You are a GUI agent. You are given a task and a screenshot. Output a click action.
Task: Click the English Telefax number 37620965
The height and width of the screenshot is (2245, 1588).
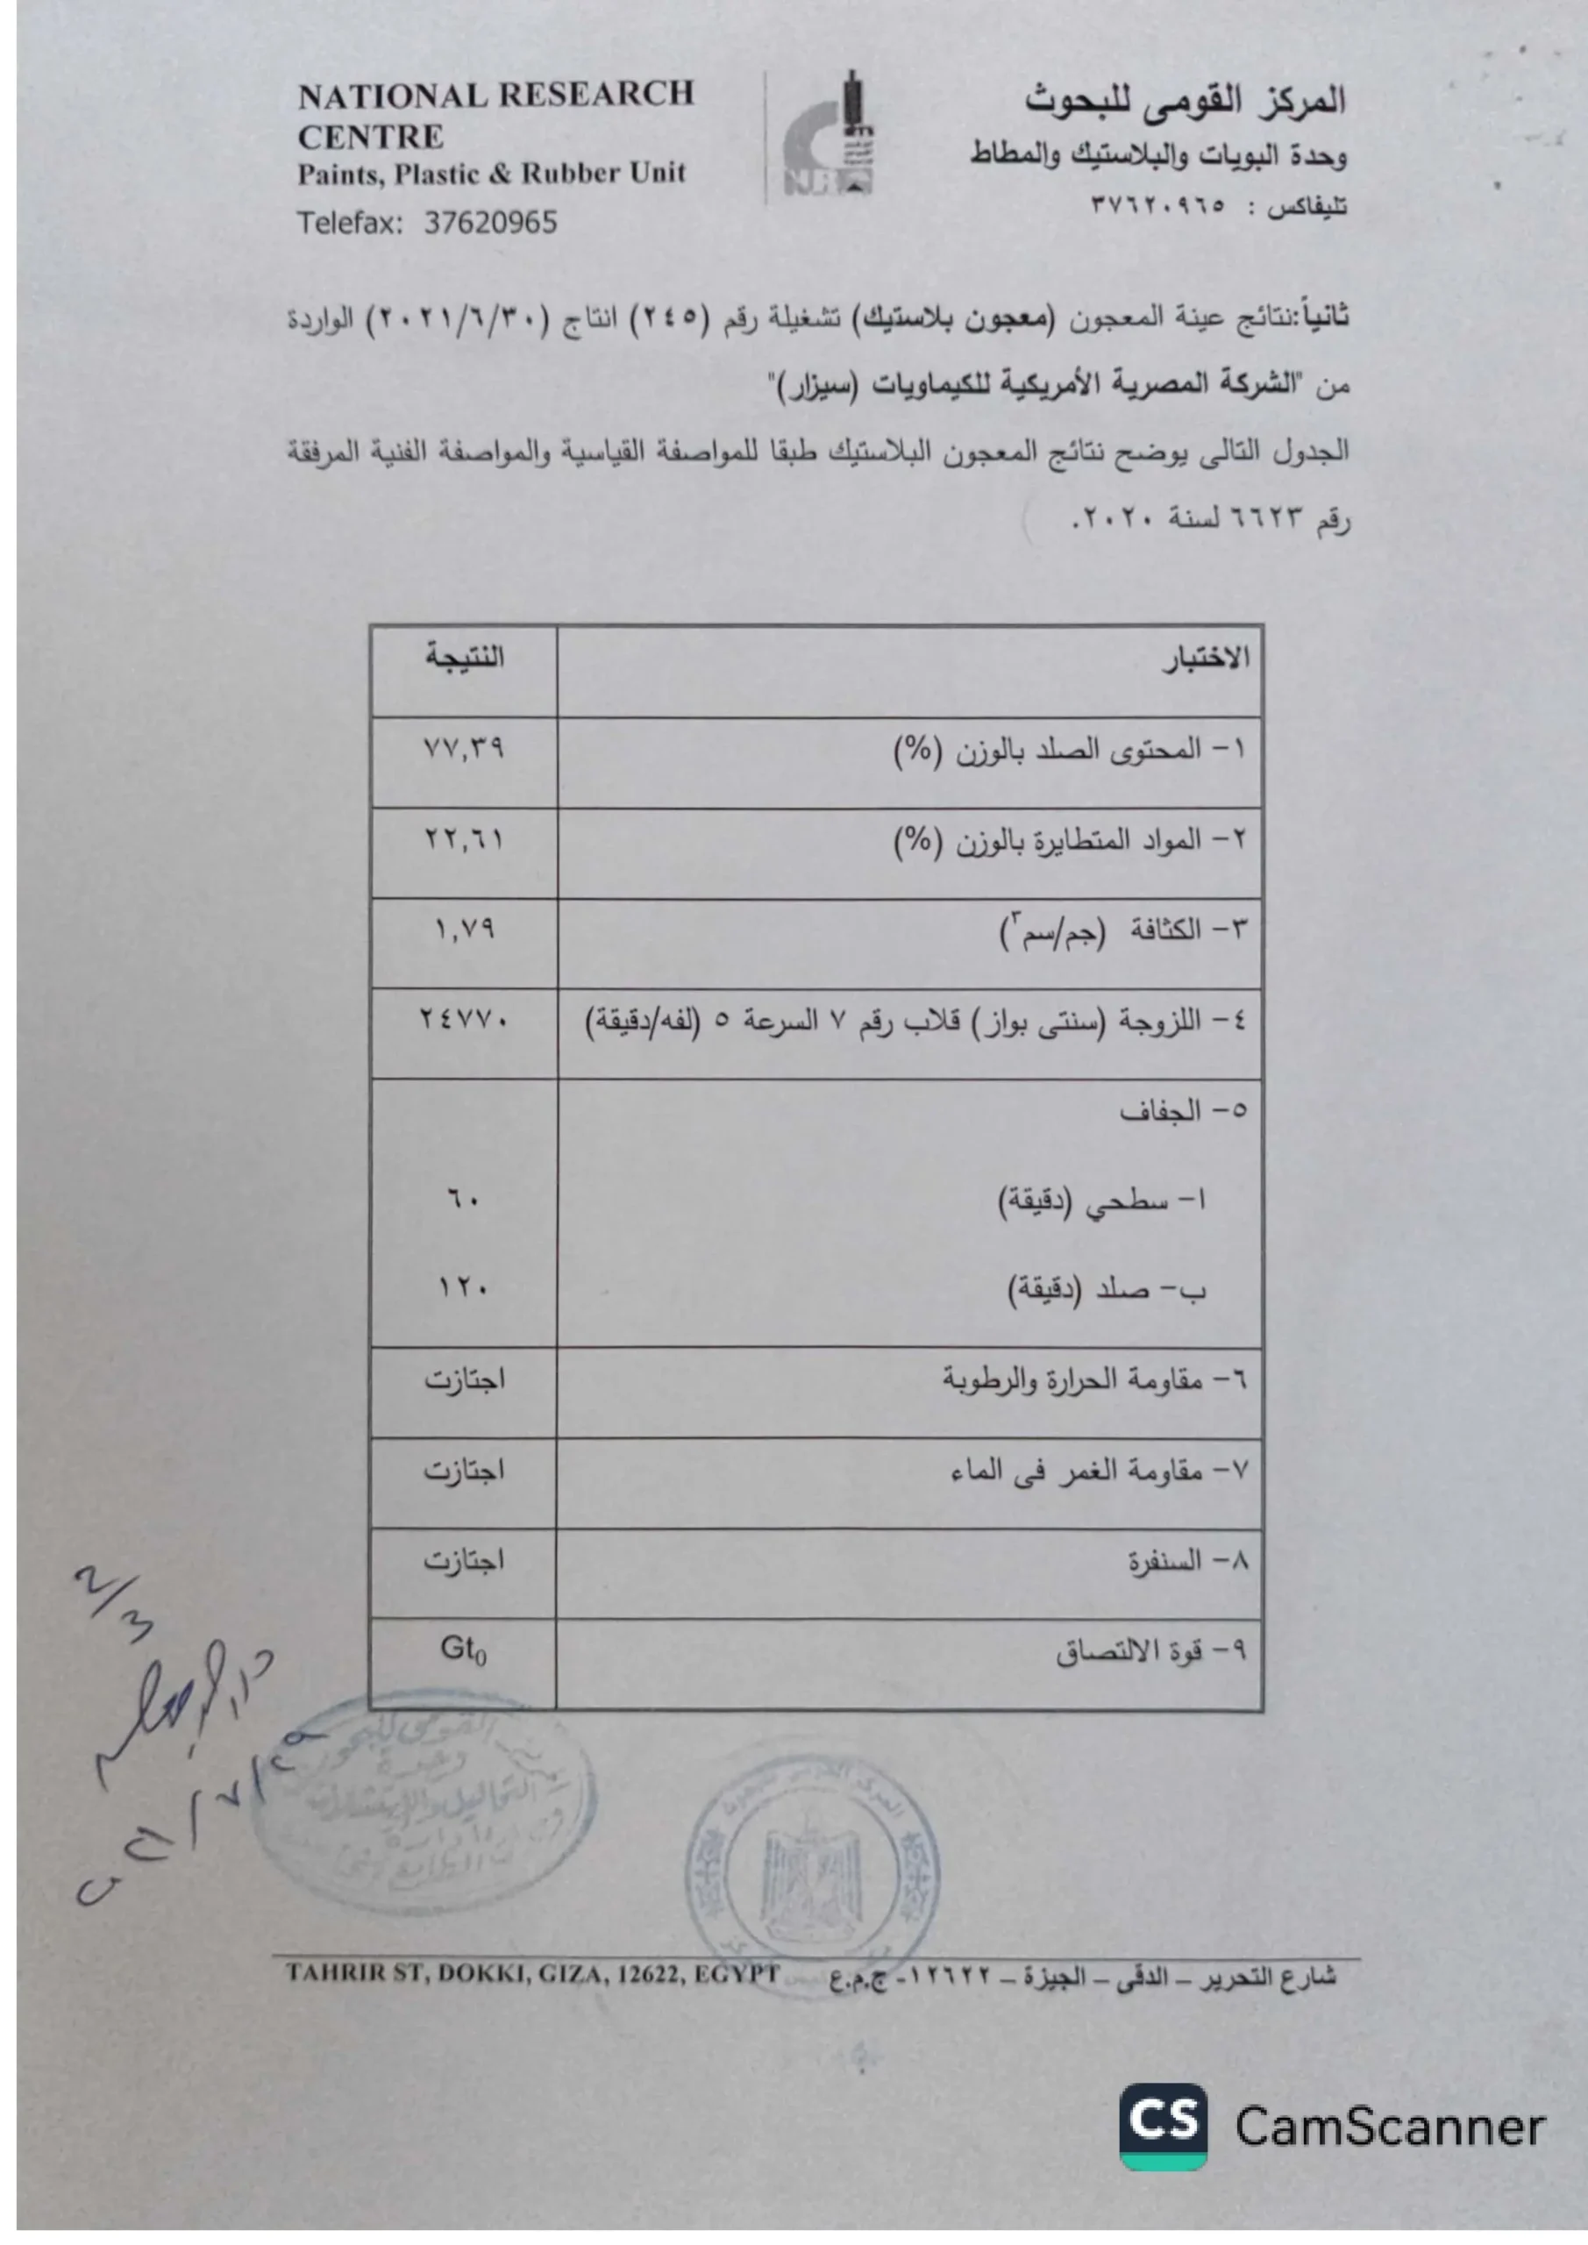click(x=490, y=223)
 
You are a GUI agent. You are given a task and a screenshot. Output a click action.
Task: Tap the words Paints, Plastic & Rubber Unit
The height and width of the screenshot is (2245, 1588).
click(x=492, y=174)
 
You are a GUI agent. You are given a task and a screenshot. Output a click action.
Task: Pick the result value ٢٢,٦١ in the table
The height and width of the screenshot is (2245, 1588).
click(x=464, y=838)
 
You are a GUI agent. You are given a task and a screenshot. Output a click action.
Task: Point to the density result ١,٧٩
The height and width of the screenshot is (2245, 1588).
click(x=465, y=928)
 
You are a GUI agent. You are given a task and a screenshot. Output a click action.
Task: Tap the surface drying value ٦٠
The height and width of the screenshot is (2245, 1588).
click(x=464, y=1199)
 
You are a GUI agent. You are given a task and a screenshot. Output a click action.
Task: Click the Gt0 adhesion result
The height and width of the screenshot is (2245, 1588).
click(x=464, y=1650)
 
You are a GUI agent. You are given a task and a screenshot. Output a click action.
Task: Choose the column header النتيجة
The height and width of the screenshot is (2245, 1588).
click(x=465, y=657)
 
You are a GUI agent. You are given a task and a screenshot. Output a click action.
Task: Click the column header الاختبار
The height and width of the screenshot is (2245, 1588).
click(x=1206, y=659)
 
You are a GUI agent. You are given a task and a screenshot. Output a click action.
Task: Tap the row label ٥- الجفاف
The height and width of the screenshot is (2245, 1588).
click(x=1183, y=1111)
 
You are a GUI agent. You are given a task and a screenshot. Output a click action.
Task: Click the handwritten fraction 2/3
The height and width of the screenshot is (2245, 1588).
click(x=116, y=1604)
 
